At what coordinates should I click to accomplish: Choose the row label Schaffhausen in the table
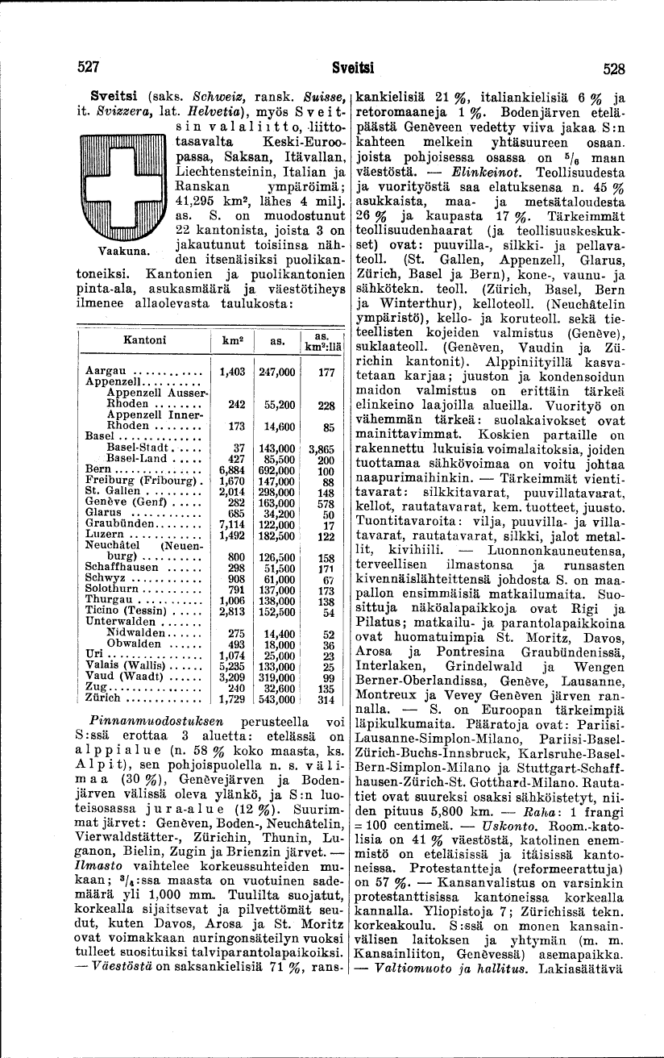tap(122, 567)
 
